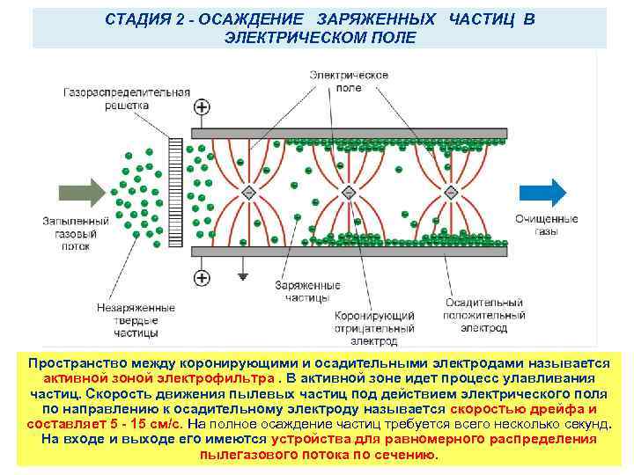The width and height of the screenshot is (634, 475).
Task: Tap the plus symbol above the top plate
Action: (x=203, y=107)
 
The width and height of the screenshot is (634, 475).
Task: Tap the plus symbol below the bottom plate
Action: (x=203, y=278)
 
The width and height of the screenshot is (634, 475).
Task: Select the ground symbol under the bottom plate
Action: (x=243, y=275)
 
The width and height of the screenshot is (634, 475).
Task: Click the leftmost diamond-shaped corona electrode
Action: (x=249, y=192)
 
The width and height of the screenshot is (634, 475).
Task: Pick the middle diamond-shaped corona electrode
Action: (x=349, y=192)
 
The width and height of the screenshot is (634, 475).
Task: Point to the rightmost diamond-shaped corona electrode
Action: (x=450, y=192)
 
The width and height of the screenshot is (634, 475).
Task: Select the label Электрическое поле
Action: (x=349, y=81)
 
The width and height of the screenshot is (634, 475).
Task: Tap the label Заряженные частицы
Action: (x=307, y=292)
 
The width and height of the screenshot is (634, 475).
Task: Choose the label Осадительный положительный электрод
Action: (x=484, y=316)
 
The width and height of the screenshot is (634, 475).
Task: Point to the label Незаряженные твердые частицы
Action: (x=136, y=321)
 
